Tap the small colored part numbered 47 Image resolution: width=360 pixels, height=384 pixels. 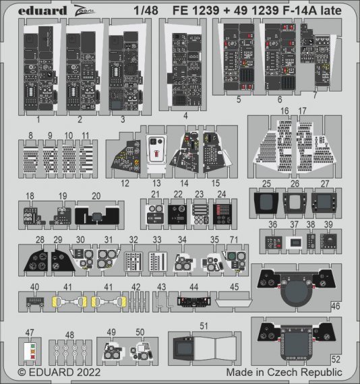tap(28, 352)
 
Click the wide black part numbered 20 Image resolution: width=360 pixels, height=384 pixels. tap(98, 217)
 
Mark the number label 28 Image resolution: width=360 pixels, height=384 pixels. tap(40, 240)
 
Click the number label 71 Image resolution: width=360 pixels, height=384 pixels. tap(234, 240)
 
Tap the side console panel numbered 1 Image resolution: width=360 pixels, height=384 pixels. tap(39, 67)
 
